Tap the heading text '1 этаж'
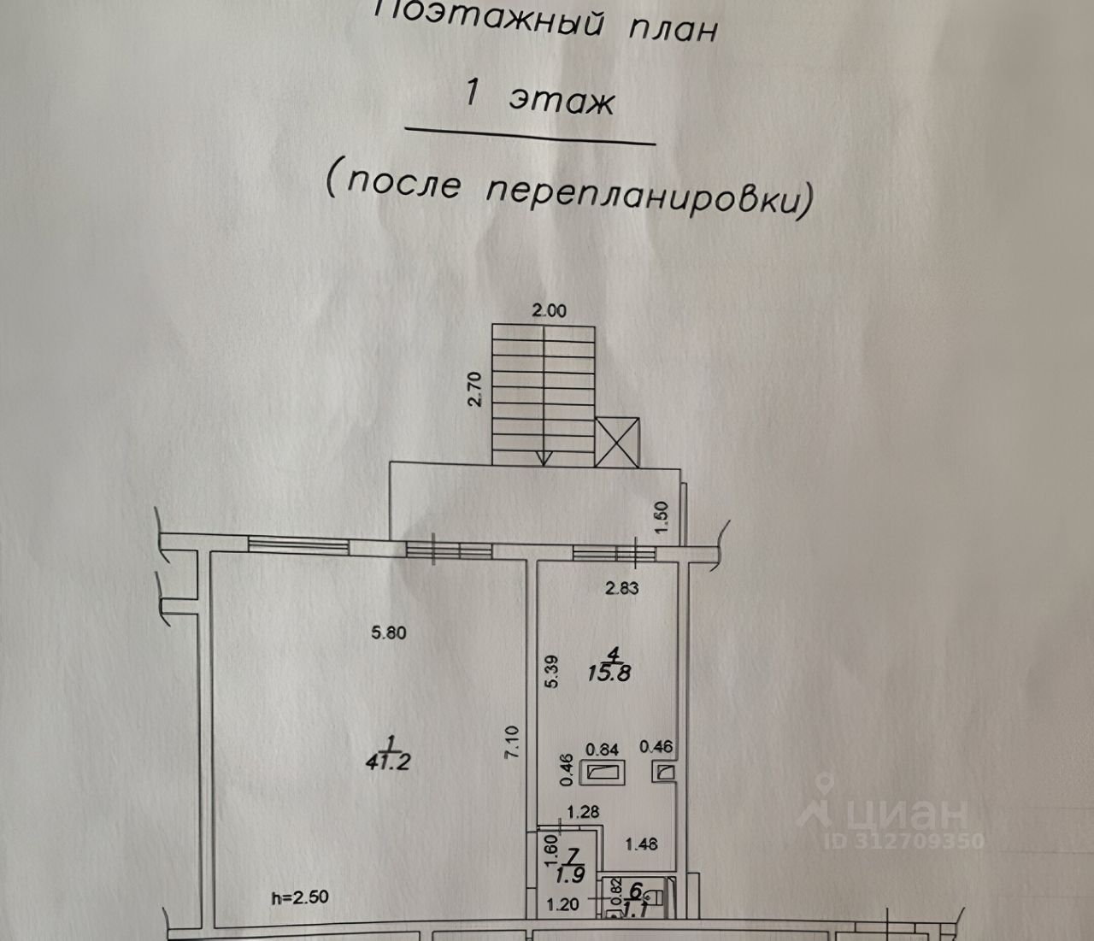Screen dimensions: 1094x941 coord(539,97)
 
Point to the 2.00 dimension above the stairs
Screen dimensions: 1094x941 coord(550,311)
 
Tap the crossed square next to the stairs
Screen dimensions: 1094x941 coord(617,442)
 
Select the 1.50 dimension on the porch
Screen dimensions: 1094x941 coord(670,518)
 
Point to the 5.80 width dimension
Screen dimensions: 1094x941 coord(389,633)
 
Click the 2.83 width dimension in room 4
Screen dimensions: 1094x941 coord(622,587)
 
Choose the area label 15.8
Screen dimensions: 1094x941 coord(610,673)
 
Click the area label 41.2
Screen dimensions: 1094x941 coord(386,760)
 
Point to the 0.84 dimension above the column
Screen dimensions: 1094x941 coord(603,749)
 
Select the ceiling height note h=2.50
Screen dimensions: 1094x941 coord(299,897)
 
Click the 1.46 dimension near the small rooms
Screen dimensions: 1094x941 coord(641,844)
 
